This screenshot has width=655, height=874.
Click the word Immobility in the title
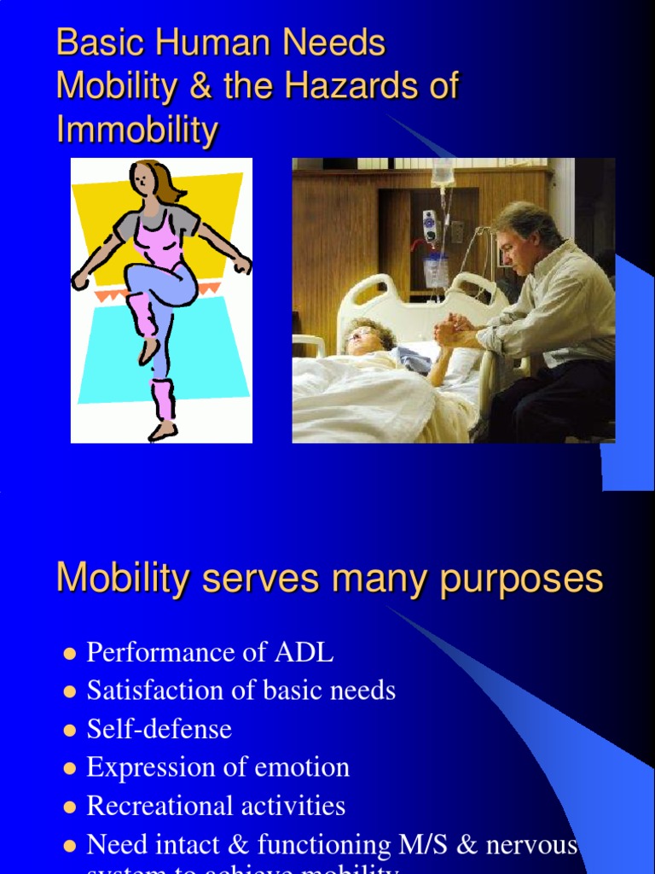point(137,130)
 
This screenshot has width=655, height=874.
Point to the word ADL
point(303,653)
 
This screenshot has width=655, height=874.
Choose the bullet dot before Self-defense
point(70,731)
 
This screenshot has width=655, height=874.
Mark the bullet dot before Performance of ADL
point(70,654)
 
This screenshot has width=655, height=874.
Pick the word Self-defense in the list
point(159,730)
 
